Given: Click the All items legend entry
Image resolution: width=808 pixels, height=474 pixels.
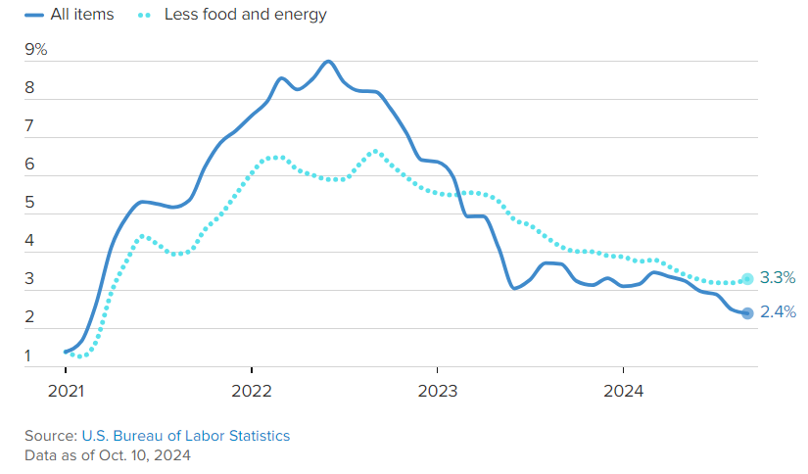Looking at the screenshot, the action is (70, 15).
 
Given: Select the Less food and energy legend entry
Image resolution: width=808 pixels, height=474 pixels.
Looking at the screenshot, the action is (232, 15).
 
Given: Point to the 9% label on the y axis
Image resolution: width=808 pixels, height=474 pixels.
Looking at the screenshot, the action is (36, 50).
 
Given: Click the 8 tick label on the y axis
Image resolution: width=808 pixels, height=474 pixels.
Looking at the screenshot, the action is (29, 87).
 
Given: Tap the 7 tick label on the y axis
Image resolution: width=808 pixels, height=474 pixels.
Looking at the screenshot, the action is (29, 125).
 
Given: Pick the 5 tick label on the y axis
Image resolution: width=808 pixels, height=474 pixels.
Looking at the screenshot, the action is (29, 202).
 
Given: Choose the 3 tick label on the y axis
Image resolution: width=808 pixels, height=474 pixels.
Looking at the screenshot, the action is (29, 278).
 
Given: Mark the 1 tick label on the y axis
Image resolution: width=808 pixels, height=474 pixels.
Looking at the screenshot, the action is (28, 355).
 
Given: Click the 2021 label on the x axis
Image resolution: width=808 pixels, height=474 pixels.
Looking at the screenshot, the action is (66, 391).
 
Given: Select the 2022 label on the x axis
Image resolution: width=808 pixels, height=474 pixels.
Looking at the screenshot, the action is (252, 391).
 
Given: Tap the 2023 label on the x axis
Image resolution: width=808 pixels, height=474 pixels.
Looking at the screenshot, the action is (438, 391).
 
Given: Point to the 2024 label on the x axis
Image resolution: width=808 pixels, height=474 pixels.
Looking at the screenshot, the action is (624, 391).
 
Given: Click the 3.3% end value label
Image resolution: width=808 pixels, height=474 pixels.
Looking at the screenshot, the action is (778, 278).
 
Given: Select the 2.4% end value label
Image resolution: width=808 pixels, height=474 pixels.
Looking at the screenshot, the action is (778, 311).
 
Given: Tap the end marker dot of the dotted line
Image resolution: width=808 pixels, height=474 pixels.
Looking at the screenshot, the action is (747, 279).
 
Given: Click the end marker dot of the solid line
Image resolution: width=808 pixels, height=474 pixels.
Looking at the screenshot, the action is (747, 312).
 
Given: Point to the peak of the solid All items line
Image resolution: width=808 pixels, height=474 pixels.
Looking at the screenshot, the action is (328, 62).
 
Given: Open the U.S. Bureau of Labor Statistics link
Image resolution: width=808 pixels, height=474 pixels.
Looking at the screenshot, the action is (186, 436).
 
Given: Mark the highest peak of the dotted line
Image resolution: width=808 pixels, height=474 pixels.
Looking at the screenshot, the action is (375, 152).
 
